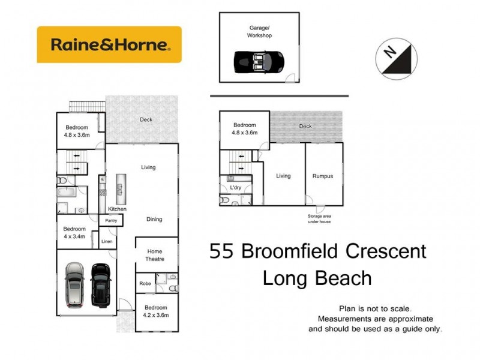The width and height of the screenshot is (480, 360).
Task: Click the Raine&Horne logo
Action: pyautogui.click(x=109, y=44)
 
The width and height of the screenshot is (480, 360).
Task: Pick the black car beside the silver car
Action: pyautogui.click(x=100, y=284)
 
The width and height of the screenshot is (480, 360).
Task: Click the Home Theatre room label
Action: pyautogui.click(x=155, y=255)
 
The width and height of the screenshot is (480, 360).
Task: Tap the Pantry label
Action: pyautogui.click(x=111, y=221)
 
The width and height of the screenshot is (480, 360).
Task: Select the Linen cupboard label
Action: pyautogui.click(x=107, y=241)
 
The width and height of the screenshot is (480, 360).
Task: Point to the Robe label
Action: pyautogui.click(x=145, y=283)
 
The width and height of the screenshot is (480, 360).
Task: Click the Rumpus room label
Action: pyautogui.click(x=322, y=176)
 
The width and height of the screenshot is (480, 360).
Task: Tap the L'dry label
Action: pyautogui.click(x=236, y=188)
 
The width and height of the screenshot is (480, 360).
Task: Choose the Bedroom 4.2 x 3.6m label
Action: pyautogui.click(x=155, y=312)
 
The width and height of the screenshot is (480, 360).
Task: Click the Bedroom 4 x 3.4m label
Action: pyautogui.click(x=75, y=232)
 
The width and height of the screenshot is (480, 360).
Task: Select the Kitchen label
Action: pyautogui.click(x=117, y=209)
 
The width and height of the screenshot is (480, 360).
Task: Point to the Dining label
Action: pyautogui.click(x=154, y=219)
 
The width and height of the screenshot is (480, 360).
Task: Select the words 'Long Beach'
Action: pyautogui.click(x=317, y=278)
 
